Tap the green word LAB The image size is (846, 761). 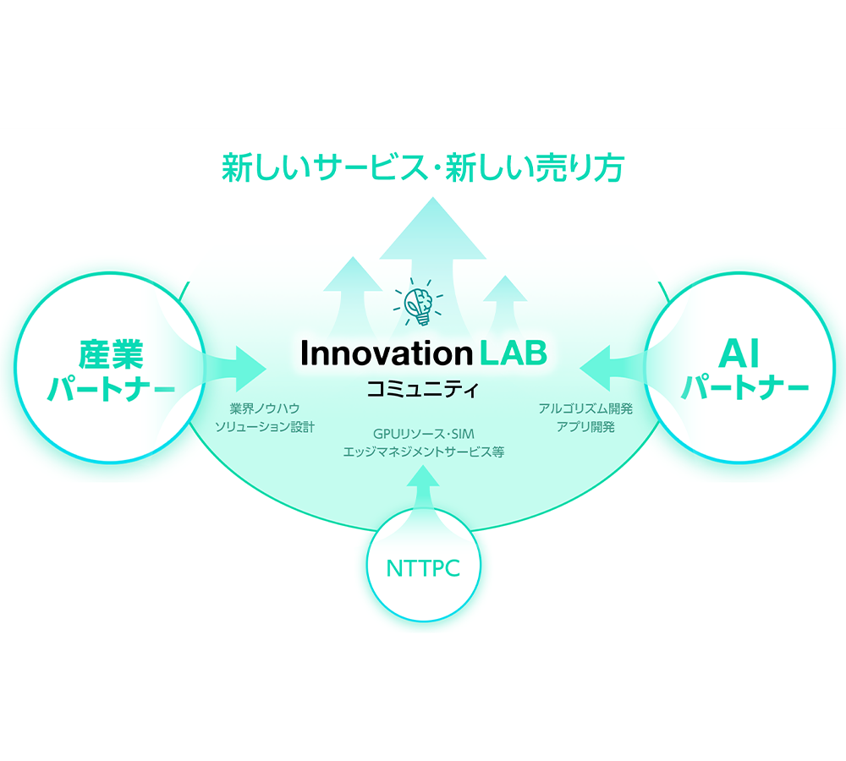513,353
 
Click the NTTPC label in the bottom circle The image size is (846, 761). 423,567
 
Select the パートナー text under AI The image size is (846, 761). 744,390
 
